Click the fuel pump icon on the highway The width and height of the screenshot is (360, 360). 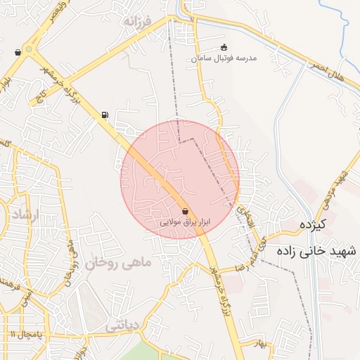[105, 115]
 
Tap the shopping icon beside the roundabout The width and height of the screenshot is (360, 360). [17, 52]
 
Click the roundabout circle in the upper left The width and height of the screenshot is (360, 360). [29, 49]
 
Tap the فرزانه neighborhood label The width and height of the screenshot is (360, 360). [137, 22]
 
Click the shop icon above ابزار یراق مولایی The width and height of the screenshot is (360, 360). [185, 210]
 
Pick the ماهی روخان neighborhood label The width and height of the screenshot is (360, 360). [118, 264]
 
